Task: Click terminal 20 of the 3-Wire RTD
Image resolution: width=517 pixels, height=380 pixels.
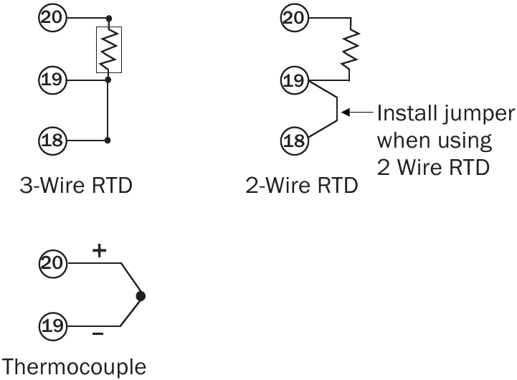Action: click(x=51, y=17)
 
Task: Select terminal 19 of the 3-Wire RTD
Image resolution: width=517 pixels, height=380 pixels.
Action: click(x=51, y=80)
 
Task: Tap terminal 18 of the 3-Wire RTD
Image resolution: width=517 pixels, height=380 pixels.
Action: click(x=51, y=139)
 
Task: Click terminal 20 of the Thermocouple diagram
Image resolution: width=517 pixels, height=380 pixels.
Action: click(x=51, y=264)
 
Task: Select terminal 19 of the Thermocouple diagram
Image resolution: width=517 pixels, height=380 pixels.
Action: click(x=51, y=326)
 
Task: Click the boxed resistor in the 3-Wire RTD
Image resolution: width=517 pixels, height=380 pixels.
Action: click(x=108, y=49)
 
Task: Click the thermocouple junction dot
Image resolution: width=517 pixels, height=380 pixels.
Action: click(x=141, y=295)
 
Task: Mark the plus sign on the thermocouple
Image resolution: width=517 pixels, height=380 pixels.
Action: click(x=99, y=251)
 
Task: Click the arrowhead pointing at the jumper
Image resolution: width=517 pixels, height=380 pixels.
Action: click(x=345, y=113)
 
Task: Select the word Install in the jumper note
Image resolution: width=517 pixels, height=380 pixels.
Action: click(x=407, y=113)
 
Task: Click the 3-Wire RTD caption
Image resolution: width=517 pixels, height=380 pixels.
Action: click(x=75, y=187)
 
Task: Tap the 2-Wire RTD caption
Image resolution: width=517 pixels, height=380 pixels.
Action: click(x=301, y=187)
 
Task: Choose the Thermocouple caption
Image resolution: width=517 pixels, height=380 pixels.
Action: click(x=75, y=367)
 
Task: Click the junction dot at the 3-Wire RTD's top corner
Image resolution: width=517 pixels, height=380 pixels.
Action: click(x=108, y=17)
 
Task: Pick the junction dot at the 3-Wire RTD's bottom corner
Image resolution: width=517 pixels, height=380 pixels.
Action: click(x=108, y=139)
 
